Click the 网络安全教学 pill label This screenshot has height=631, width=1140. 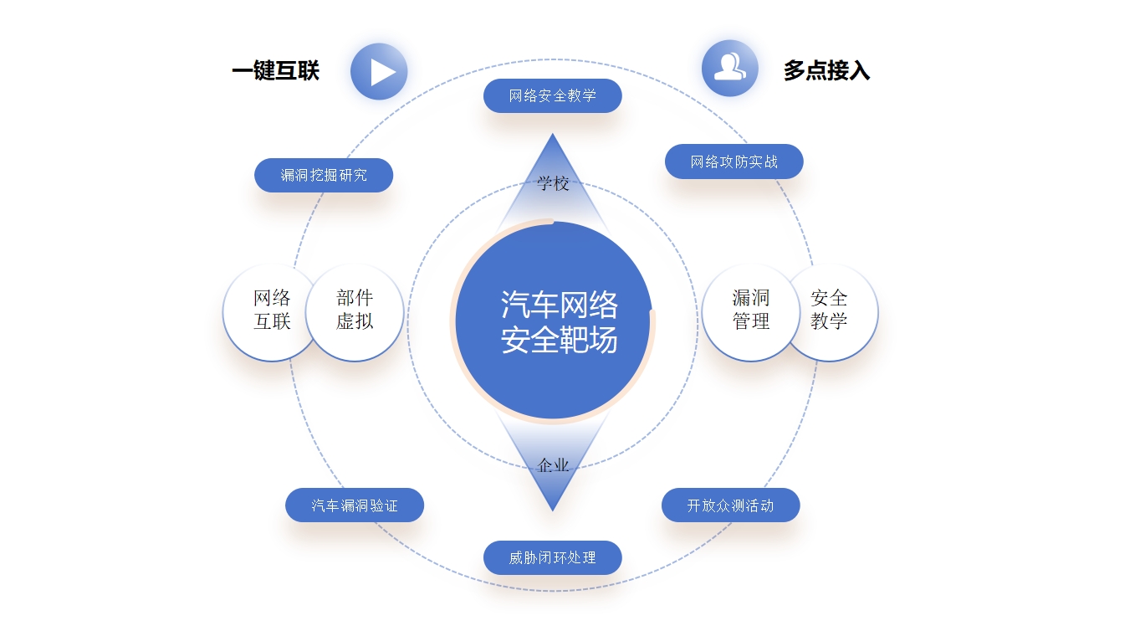pos(552,95)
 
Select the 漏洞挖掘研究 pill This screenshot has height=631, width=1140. pos(324,175)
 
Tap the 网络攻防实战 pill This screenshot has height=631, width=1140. pos(734,162)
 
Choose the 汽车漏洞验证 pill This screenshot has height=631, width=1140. pos(355,505)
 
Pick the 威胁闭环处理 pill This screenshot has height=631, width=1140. pos(552,557)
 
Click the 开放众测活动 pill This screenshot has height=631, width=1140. pos(730,505)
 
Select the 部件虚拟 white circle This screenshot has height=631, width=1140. pos(355,310)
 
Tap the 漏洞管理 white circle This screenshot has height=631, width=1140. pos(750,310)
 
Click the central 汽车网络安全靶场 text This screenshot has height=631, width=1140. pos(559,322)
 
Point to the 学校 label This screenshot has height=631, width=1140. pos(553,184)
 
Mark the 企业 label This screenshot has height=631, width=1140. pos(553,465)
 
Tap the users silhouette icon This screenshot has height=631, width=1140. pos(729,68)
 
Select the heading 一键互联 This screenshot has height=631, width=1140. pos(275,71)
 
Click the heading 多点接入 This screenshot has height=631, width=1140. pos(826,71)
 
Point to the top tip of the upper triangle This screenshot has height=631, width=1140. pos(552,136)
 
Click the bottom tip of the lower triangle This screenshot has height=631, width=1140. pos(552,508)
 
